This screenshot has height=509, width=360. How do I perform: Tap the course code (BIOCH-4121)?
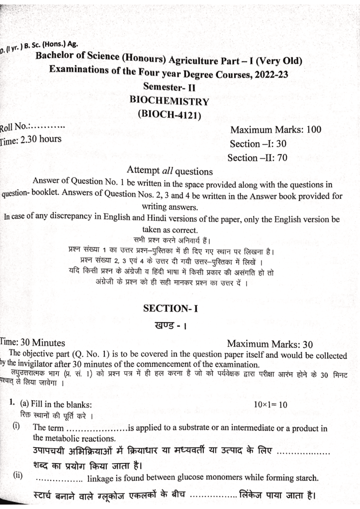[168, 113]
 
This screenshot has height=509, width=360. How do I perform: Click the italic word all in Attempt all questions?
[172, 171]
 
